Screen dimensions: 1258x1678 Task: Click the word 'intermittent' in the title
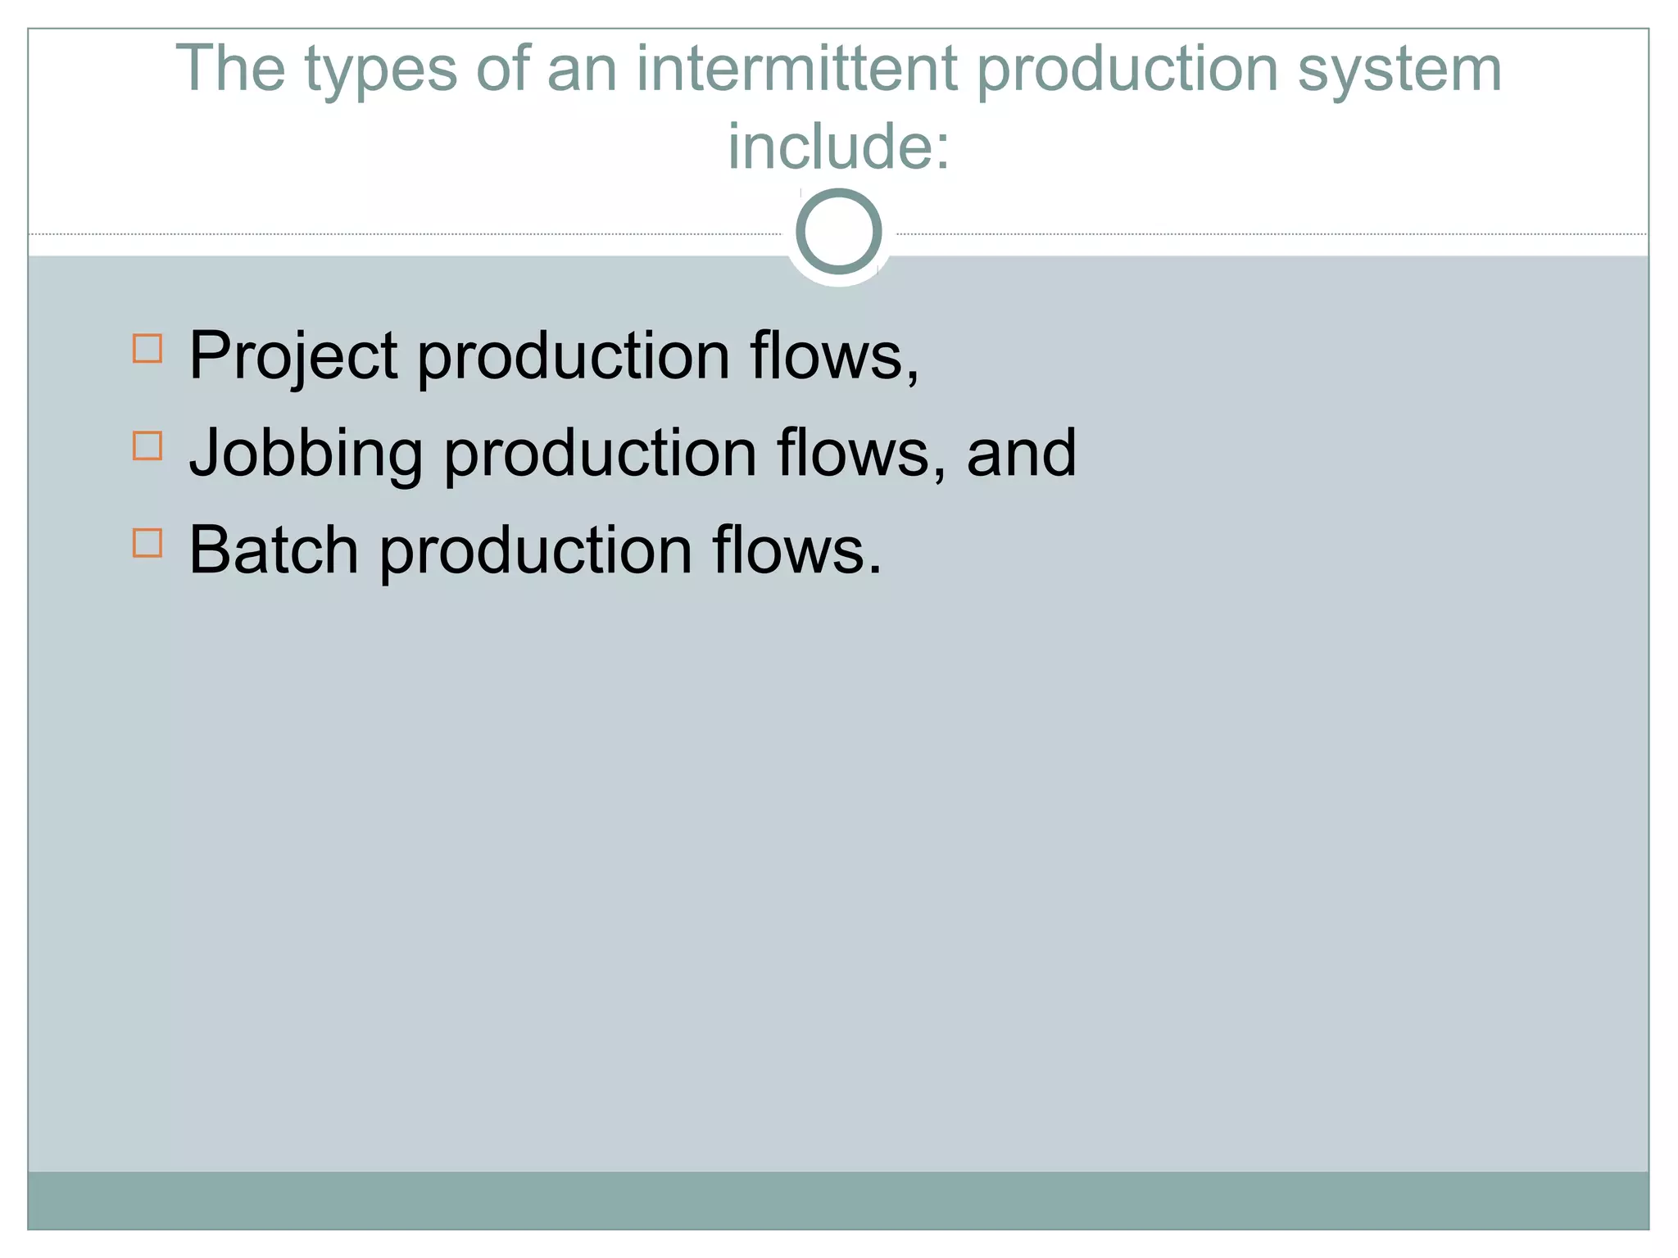796,69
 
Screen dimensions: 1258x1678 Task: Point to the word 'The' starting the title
229,69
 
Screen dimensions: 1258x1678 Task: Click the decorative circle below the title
838,232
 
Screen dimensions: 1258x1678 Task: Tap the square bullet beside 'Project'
147,348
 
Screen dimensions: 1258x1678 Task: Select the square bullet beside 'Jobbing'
147,446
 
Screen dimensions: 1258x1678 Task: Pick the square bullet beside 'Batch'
147,543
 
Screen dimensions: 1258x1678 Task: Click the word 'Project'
293,357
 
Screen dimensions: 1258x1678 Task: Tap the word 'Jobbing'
306,455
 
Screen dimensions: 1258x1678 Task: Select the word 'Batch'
274,550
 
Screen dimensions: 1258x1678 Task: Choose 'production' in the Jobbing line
601,455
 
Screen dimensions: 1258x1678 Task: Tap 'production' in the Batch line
536,552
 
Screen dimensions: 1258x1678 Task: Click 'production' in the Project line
574,357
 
